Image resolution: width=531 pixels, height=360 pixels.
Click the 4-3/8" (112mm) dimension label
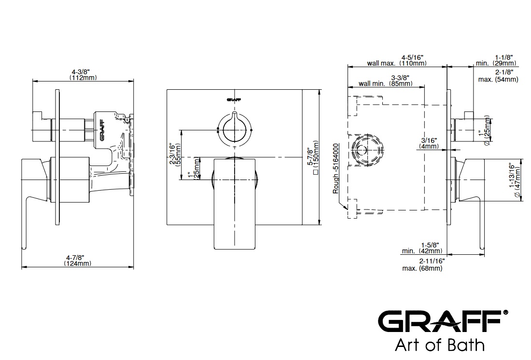tap(83, 74)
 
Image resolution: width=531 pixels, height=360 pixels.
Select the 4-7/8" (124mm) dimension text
tap(78, 260)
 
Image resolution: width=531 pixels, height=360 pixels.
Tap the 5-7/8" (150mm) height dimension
tap(313, 157)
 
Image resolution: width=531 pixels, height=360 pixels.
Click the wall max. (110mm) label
tap(397, 60)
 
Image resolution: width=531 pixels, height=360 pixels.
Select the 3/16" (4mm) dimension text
tap(430, 143)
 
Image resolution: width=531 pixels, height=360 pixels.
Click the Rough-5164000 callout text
tap(335, 168)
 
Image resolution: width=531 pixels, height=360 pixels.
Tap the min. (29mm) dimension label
tap(496, 60)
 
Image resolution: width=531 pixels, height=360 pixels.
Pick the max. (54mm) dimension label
tap(498, 75)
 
